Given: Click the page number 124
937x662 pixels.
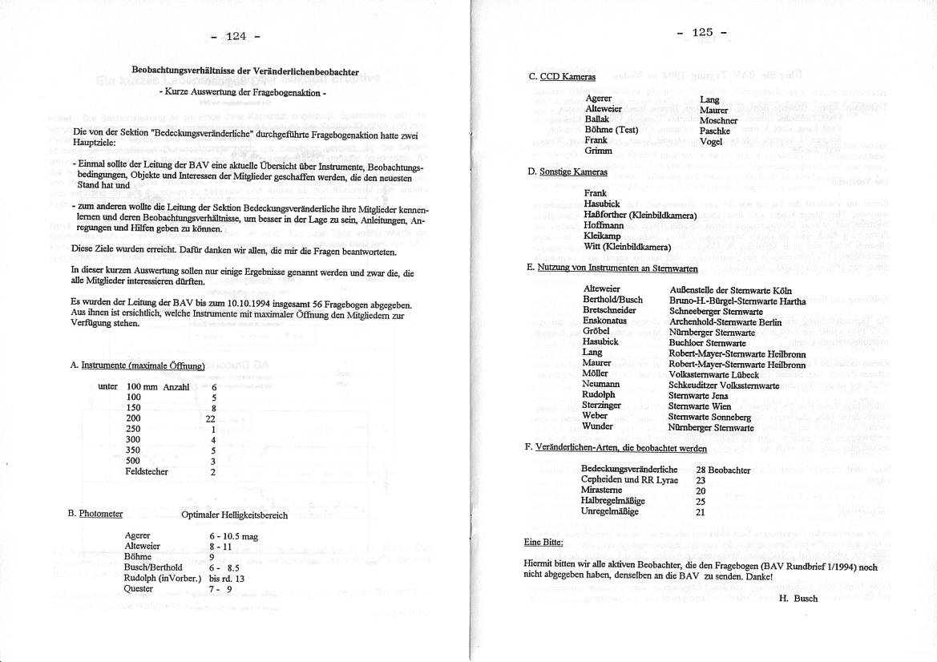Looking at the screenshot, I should [236, 36].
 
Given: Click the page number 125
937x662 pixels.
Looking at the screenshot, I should [702, 33].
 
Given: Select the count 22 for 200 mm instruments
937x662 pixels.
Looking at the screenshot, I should [211, 418].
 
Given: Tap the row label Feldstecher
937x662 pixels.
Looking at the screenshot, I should [147, 472].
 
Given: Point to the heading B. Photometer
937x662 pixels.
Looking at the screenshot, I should [95, 514].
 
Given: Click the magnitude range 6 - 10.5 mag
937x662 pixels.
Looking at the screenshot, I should [233, 535].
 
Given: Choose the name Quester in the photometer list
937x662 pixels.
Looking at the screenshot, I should [139, 589].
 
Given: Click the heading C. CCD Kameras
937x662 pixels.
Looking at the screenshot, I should [562, 77].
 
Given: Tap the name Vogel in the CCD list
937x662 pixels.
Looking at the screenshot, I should [711, 142].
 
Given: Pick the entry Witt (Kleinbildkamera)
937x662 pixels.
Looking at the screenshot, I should [628, 247].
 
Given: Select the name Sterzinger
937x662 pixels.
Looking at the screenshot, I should [602, 406].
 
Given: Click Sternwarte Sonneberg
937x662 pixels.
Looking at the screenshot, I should [709, 417].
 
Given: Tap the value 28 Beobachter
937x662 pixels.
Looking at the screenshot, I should [723, 470].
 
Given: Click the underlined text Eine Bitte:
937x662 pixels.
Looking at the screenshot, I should [543, 542].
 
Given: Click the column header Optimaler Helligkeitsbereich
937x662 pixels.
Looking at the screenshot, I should [234, 515].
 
